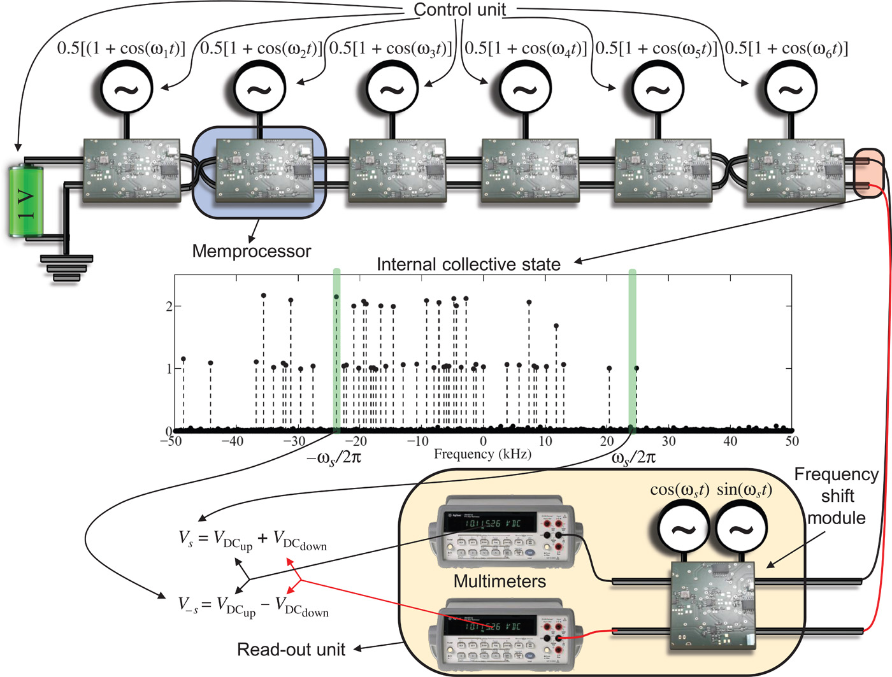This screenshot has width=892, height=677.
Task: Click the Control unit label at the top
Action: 459,10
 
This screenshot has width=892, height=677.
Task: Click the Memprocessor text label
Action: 251,251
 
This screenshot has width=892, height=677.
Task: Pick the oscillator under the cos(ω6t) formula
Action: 790,89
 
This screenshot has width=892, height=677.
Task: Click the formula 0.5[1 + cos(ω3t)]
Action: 390,48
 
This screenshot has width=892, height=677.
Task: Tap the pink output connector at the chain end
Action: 868,173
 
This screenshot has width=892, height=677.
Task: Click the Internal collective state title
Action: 468,264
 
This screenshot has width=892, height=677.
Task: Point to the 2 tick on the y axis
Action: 169,306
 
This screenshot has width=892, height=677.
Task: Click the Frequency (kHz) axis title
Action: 482,454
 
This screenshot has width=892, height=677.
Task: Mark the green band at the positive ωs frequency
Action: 632,350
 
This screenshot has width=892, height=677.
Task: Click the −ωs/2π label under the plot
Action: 334,458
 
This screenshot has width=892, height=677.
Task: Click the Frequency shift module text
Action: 837,496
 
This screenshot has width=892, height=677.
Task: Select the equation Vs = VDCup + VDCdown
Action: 252,541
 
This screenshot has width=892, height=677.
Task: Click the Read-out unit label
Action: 291,650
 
